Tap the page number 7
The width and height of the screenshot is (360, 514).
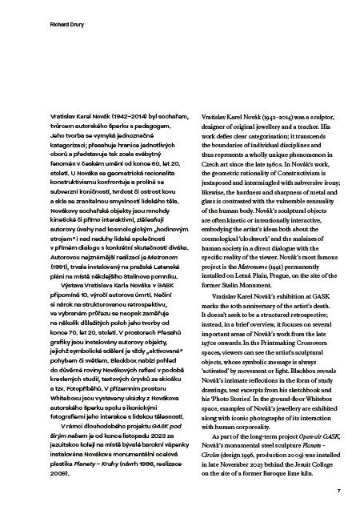click(339, 488)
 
